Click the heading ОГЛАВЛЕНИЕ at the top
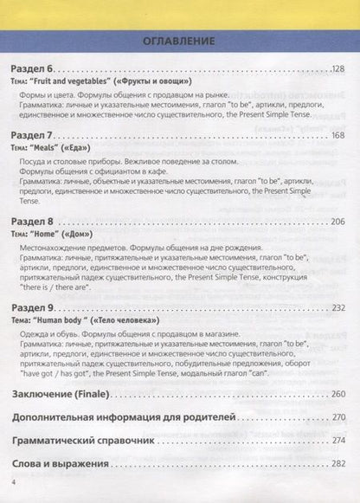pos(180,41)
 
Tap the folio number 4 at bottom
pos(13,481)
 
